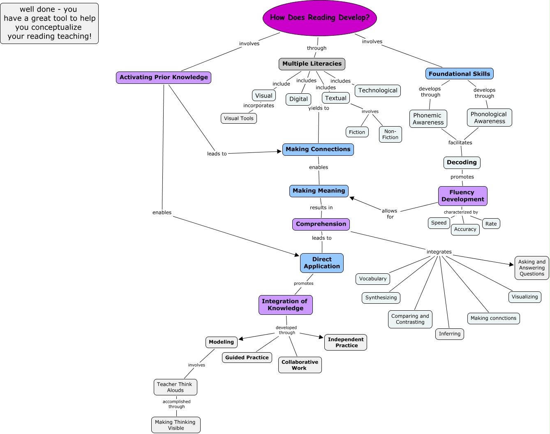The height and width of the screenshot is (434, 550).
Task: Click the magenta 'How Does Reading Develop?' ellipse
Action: pyautogui.click(x=319, y=18)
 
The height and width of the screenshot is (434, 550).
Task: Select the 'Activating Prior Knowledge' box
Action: pyautogui.click(x=164, y=77)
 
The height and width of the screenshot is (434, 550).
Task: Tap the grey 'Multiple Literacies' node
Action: pyautogui.click(x=312, y=64)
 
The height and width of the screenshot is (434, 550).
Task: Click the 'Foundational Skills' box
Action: pyautogui.click(x=459, y=74)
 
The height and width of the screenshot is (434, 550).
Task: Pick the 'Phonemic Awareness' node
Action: pyautogui.click(x=428, y=119)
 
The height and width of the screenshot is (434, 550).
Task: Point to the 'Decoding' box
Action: pyautogui.click(x=462, y=162)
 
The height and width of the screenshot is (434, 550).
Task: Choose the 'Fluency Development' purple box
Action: pyautogui.click(x=462, y=196)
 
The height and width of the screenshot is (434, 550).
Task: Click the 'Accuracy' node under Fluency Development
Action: pyautogui.click(x=465, y=229)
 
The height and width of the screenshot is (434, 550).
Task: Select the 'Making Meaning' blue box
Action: pyautogui.click(x=319, y=191)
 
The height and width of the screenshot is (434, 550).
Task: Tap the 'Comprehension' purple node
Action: pyautogui.click(x=321, y=224)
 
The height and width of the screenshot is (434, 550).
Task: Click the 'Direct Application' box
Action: pyautogui.click(x=321, y=263)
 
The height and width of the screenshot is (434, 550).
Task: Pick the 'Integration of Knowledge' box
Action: pyautogui.click(x=285, y=305)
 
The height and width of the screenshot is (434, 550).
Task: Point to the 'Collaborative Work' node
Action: pyautogui.click(x=300, y=365)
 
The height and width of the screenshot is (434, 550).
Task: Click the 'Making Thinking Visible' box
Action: pyautogui.click(x=176, y=425)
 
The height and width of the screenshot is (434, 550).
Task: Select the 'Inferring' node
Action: pyautogui.click(x=449, y=334)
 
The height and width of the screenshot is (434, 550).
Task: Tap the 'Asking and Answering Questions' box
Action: pyautogui.click(x=532, y=268)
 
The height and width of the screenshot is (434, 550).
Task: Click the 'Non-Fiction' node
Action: pyautogui.click(x=390, y=134)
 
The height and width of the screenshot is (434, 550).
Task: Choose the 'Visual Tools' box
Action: pyautogui.click(x=238, y=118)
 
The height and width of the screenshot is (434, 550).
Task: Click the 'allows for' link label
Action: pyautogui.click(x=390, y=214)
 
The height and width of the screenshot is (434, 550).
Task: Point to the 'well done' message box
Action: pyautogui.click(x=49, y=23)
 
